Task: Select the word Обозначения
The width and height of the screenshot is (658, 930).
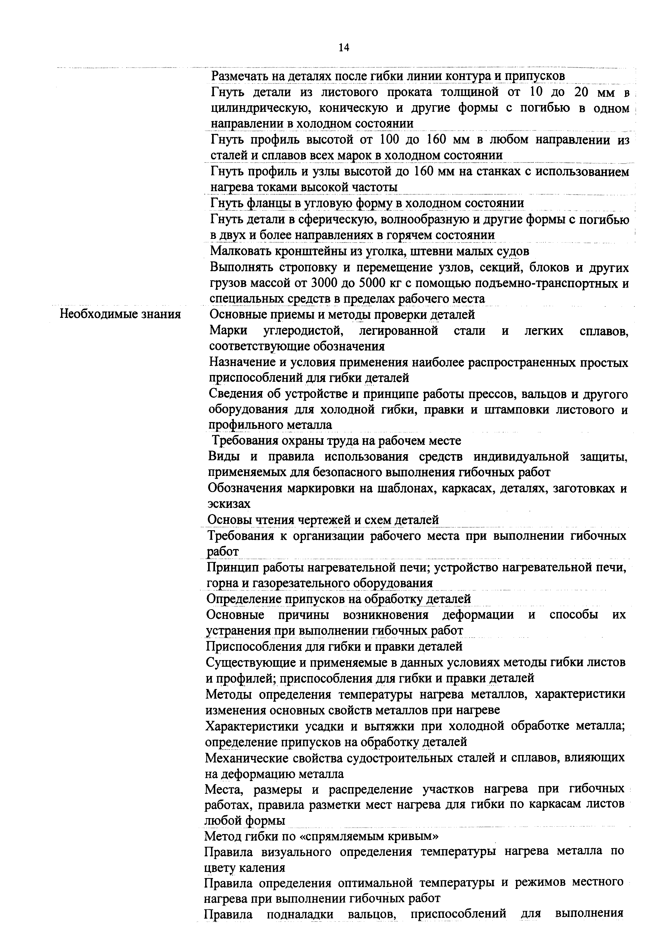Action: [245, 488]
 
